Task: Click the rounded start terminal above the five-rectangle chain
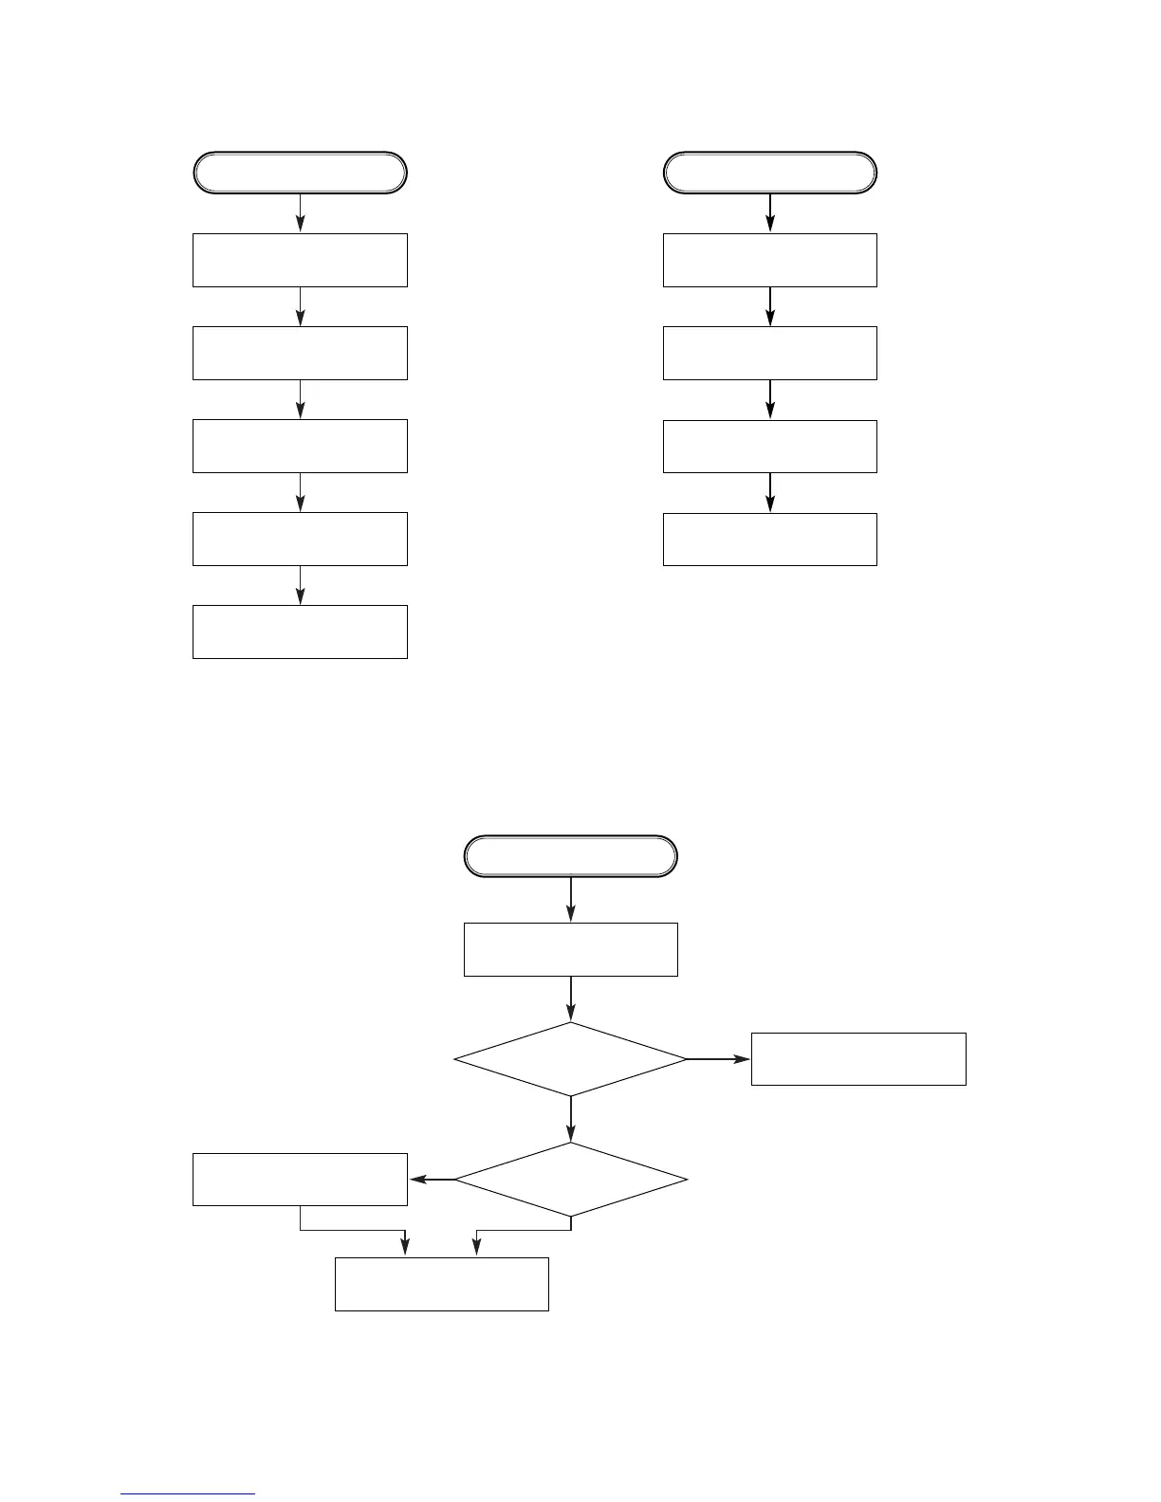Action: [x=300, y=173]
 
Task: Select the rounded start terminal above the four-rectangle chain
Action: [x=769, y=173]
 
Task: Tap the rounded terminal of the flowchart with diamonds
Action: [x=570, y=856]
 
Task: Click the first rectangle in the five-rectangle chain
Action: [x=300, y=260]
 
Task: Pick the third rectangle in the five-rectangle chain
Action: [x=300, y=446]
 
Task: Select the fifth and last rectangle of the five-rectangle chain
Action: [x=300, y=632]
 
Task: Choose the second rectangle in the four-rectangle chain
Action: [x=769, y=353]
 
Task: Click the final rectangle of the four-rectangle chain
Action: [x=769, y=539]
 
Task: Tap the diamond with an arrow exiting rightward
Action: [x=570, y=1058]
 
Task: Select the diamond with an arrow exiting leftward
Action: [x=570, y=1179]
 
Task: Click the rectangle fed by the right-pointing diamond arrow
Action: [x=858, y=1058]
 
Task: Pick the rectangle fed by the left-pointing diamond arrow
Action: [x=300, y=1179]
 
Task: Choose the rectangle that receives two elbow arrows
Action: [x=442, y=1284]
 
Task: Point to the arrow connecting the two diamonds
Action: [x=571, y=1119]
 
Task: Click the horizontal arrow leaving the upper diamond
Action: [x=718, y=1058]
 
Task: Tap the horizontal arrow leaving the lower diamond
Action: [x=433, y=1180]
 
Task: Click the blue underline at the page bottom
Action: [x=188, y=1493]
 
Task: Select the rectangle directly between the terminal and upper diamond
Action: [x=570, y=949]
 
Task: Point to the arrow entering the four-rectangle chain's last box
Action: [x=770, y=492]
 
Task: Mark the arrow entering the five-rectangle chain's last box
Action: [x=301, y=585]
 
